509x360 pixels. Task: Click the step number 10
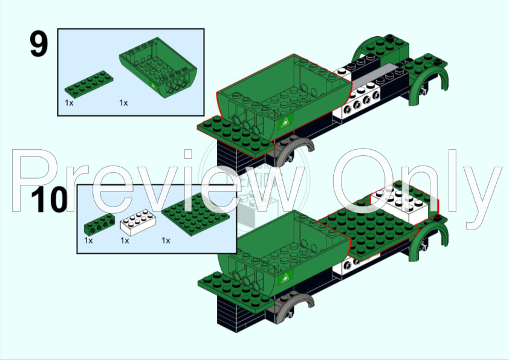coord(48,201)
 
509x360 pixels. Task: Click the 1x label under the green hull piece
coord(123,103)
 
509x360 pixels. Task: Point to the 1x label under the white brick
coord(125,240)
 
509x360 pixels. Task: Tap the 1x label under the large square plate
coord(166,240)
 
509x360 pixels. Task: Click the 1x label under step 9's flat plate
coord(69,103)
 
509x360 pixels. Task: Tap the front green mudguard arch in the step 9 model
coord(429,85)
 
